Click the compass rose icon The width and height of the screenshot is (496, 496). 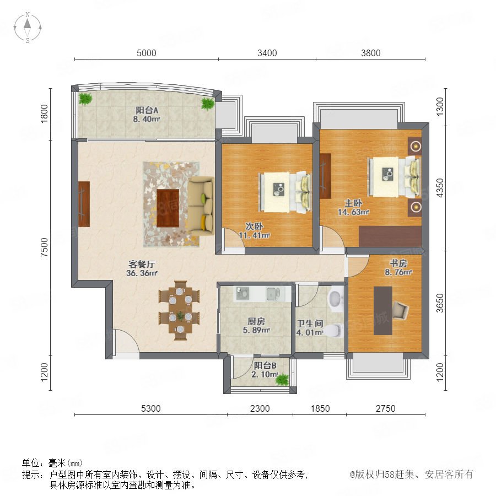28,27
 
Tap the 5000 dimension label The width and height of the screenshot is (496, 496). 147,53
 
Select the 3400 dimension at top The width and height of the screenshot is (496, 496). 267,53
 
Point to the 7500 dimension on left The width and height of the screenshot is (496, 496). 45,247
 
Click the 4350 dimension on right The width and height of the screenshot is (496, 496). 440,188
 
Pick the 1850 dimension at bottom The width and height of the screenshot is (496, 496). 320,408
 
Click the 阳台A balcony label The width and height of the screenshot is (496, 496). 147,110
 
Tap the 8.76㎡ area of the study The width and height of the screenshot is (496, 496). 398,272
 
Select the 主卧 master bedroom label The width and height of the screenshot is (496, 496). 353,203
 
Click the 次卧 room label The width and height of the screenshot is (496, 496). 254,227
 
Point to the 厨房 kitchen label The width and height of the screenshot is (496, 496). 256,321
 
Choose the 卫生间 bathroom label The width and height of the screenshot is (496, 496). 310,324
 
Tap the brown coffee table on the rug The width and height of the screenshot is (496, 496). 168,208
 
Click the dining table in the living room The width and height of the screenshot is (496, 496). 180,310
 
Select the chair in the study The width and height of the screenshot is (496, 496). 401,310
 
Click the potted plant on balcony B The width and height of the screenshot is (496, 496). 283,379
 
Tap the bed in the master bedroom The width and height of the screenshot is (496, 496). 394,177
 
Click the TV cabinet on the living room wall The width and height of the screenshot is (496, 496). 84,204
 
